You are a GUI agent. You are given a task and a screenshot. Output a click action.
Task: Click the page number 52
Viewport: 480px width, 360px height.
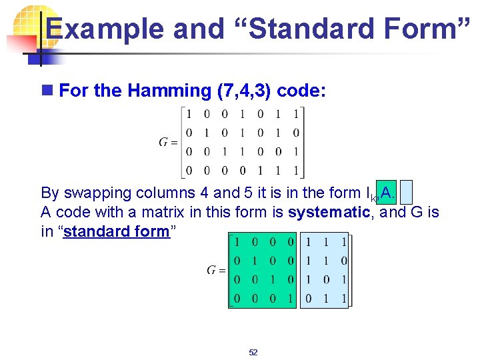coord(253,352)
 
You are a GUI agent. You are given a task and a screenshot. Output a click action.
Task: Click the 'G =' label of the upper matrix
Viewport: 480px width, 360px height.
coord(168,141)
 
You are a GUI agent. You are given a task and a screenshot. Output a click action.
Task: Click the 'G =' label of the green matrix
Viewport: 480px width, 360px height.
coord(216,270)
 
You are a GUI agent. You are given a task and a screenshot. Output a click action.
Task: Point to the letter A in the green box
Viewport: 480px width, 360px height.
coord(386,192)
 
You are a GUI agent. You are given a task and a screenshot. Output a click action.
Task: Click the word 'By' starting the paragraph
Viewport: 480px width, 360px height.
coord(50,193)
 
